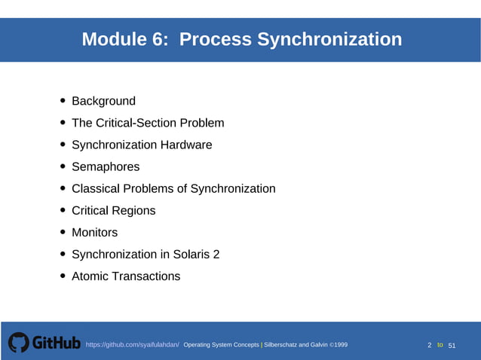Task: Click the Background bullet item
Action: tap(103, 101)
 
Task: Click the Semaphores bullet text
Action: tap(106, 166)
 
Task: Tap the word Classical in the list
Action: tap(96, 188)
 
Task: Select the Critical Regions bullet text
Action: tap(113, 210)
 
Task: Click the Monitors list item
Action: tap(94, 233)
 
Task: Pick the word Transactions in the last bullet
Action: tap(146, 276)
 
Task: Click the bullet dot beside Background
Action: tap(63, 101)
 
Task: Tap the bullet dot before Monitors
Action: tap(63, 233)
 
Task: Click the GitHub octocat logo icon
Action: tap(18, 343)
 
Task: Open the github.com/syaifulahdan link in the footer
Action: tap(132, 345)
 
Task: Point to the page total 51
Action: tap(452, 346)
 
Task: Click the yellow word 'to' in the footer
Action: tap(440, 345)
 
